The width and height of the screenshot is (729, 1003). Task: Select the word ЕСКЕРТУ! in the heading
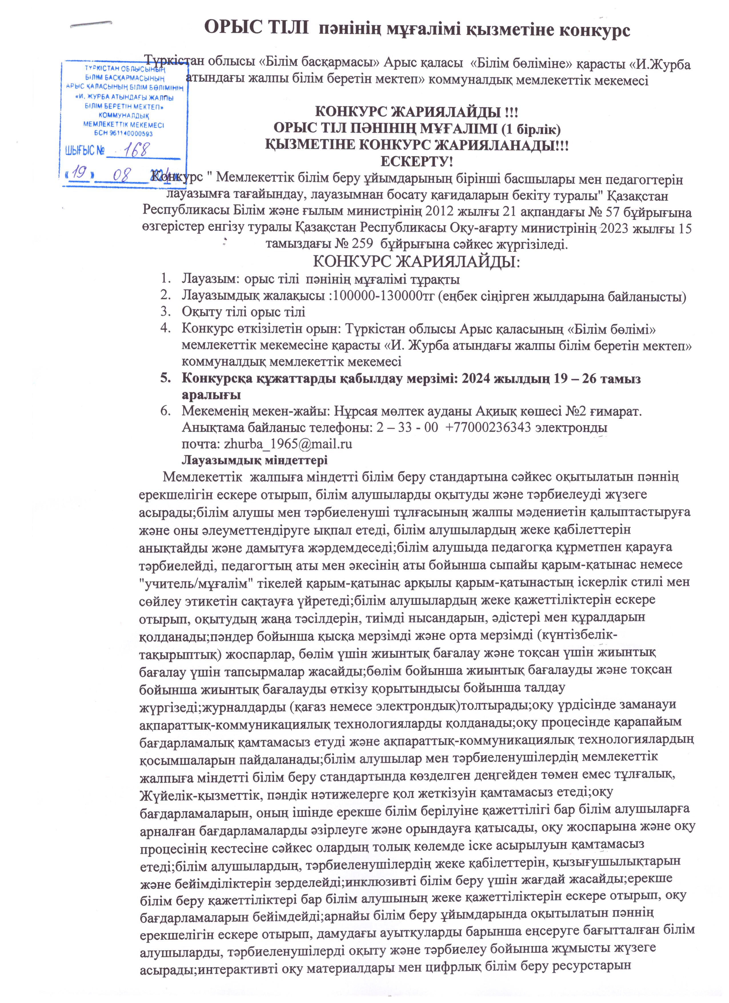pyautogui.click(x=416, y=161)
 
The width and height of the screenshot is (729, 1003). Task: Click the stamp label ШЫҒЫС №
pyautogui.click(x=85, y=151)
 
